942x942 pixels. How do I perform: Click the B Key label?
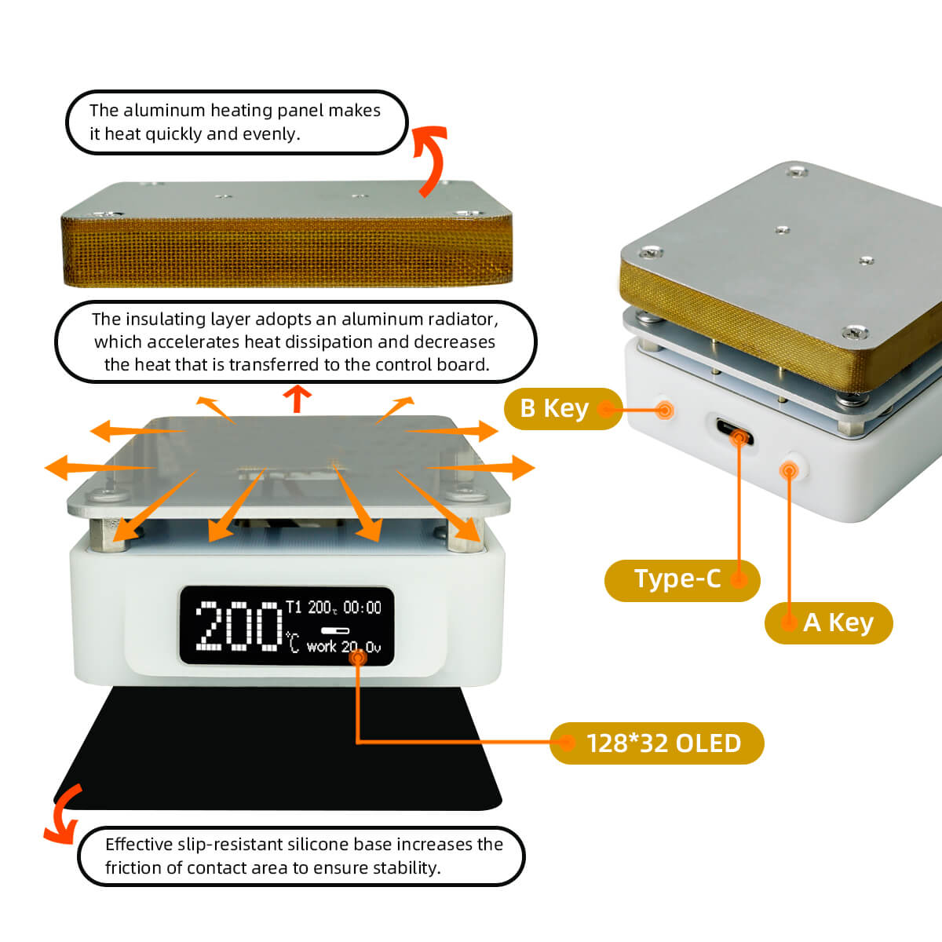click(x=554, y=408)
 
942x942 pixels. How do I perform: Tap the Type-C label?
click(x=677, y=579)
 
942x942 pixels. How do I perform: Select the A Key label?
click(x=838, y=623)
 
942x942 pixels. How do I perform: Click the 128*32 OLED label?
click(x=663, y=743)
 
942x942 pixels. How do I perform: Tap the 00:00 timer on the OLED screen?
click(x=362, y=608)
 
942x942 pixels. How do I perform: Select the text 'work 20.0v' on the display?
click(x=343, y=647)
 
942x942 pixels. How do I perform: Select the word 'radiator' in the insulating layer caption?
click(x=462, y=319)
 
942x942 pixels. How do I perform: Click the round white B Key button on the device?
click(x=664, y=410)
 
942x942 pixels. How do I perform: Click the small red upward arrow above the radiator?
click(x=297, y=398)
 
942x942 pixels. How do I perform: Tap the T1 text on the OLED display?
click(x=294, y=607)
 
